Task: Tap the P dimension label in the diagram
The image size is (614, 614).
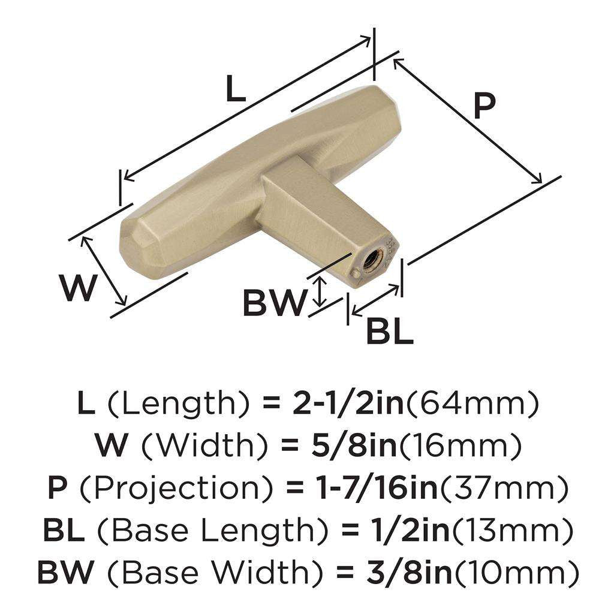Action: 484,107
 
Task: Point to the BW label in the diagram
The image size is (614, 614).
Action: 273,303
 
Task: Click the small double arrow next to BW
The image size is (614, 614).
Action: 321,291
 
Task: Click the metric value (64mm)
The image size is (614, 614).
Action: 472,405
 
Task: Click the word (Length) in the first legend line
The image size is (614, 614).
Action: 177,405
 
